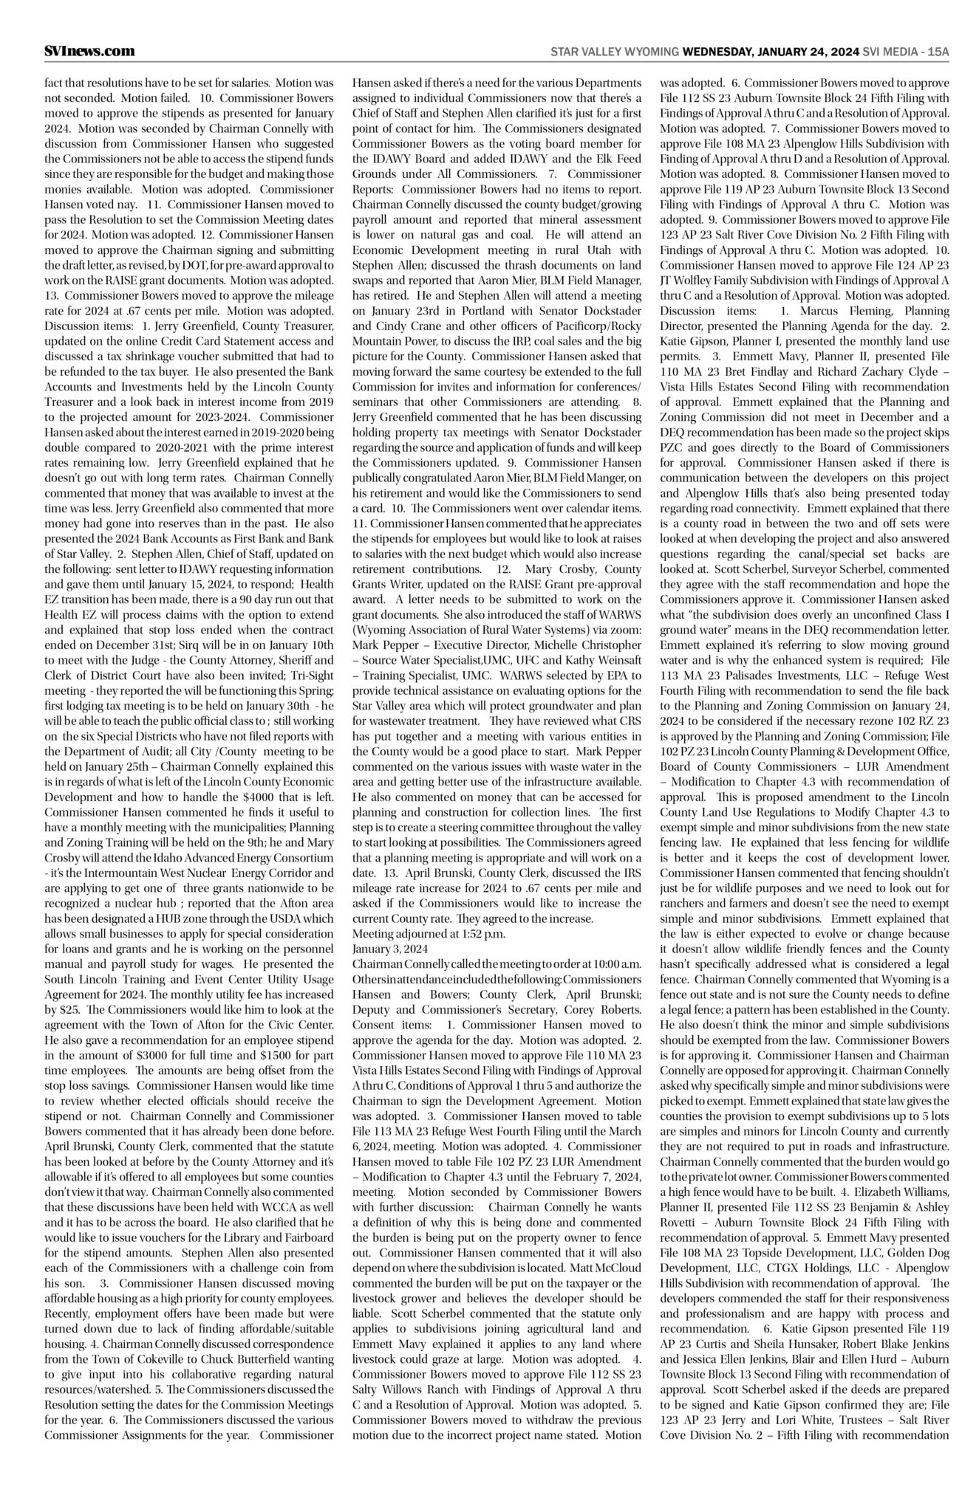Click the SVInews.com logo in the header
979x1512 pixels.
point(89,52)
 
